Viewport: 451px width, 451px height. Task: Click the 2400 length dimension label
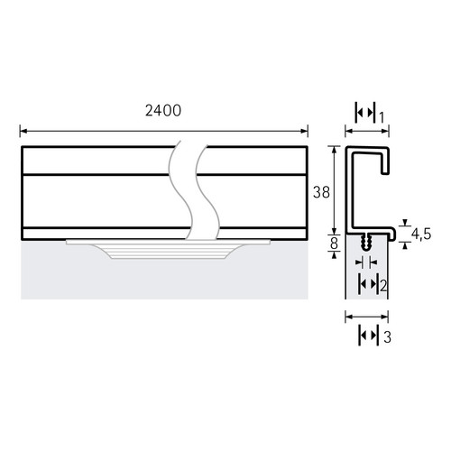click(x=163, y=111)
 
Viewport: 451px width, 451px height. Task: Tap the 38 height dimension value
click(x=321, y=192)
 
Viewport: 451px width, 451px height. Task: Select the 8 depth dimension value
click(x=334, y=244)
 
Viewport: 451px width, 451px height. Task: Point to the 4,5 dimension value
click(x=421, y=234)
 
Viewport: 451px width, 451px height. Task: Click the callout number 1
click(x=381, y=117)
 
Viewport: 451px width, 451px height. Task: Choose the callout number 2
click(x=383, y=286)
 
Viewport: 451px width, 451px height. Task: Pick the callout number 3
click(x=388, y=337)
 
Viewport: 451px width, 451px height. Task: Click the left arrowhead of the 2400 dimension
click(x=23, y=131)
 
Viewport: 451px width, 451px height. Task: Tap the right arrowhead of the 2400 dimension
click(x=304, y=131)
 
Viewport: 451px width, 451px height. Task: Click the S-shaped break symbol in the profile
click(x=193, y=190)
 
